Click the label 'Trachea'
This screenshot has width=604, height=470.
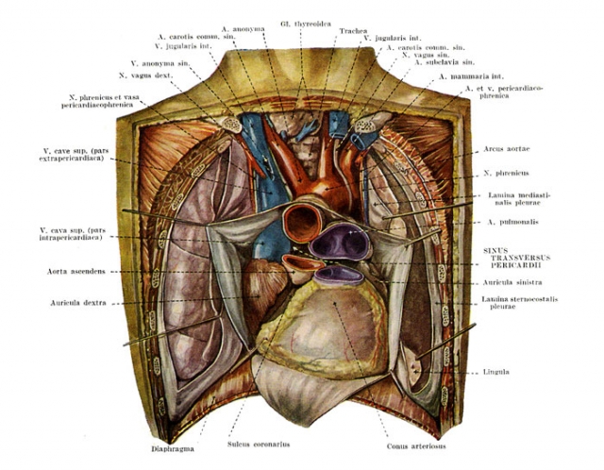pos(353,31)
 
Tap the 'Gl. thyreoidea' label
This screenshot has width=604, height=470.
pos(306,25)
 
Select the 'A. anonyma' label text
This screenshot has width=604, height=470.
pos(243,29)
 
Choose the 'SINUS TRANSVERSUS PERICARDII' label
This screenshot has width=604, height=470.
pos(516,258)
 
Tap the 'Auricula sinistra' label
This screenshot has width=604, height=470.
pos(512,282)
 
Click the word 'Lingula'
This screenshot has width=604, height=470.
pos(495,372)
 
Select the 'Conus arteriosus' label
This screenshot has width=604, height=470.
pos(416,446)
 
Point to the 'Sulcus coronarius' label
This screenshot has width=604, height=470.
pos(259,445)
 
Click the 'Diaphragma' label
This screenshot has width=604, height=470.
pos(173,449)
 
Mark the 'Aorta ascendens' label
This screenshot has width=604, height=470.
pos(76,272)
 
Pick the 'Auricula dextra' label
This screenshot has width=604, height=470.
pos(78,303)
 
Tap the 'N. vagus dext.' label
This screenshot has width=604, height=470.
pos(146,76)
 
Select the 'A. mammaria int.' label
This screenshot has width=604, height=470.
pos(471,77)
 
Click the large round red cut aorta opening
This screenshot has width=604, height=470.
pos(303,223)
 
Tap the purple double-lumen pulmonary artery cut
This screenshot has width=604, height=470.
pos(340,243)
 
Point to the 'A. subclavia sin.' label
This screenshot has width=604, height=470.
pos(445,62)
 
